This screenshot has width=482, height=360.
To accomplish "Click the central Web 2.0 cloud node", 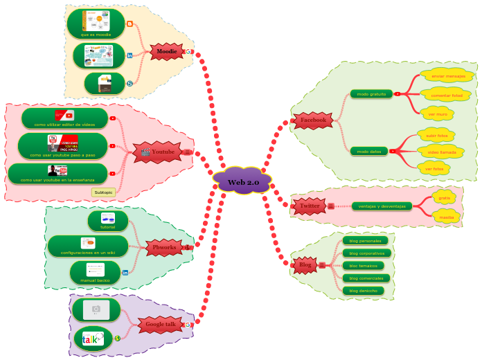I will click(x=242, y=181).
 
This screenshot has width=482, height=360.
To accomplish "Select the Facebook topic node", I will click(x=313, y=120).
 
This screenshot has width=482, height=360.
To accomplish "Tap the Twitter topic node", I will click(x=309, y=206).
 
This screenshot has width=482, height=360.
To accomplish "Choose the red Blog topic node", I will click(x=305, y=264).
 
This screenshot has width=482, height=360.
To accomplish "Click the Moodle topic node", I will click(x=166, y=51).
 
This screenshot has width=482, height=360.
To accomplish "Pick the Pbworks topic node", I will click(x=164, y=247).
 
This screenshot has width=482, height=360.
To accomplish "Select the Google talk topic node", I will click(x=160, y=324).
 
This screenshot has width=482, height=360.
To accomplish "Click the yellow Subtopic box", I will click(x=103, y=192).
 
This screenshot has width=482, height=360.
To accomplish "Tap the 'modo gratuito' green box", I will click(x=371, y=93).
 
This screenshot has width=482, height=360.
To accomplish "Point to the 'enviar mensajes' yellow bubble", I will click(x=447, y=76).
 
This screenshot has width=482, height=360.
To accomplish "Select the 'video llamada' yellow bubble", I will click(x=441, y=152).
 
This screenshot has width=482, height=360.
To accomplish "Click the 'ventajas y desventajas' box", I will click(x=382, y=206).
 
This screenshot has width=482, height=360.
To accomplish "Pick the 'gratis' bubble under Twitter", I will click(x=444, y=198).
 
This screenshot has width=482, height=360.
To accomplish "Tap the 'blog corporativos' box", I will click(x=365, y=253).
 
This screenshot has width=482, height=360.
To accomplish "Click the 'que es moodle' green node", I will click(x=96, y=24).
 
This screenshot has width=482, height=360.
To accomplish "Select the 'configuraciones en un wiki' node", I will click(x=88, y=246).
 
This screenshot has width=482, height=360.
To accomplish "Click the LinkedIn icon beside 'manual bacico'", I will click(x=125, y=273).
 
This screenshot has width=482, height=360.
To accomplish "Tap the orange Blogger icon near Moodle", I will click(x=130, y=24).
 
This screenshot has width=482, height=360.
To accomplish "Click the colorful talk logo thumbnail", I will click(x=93, y=339).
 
